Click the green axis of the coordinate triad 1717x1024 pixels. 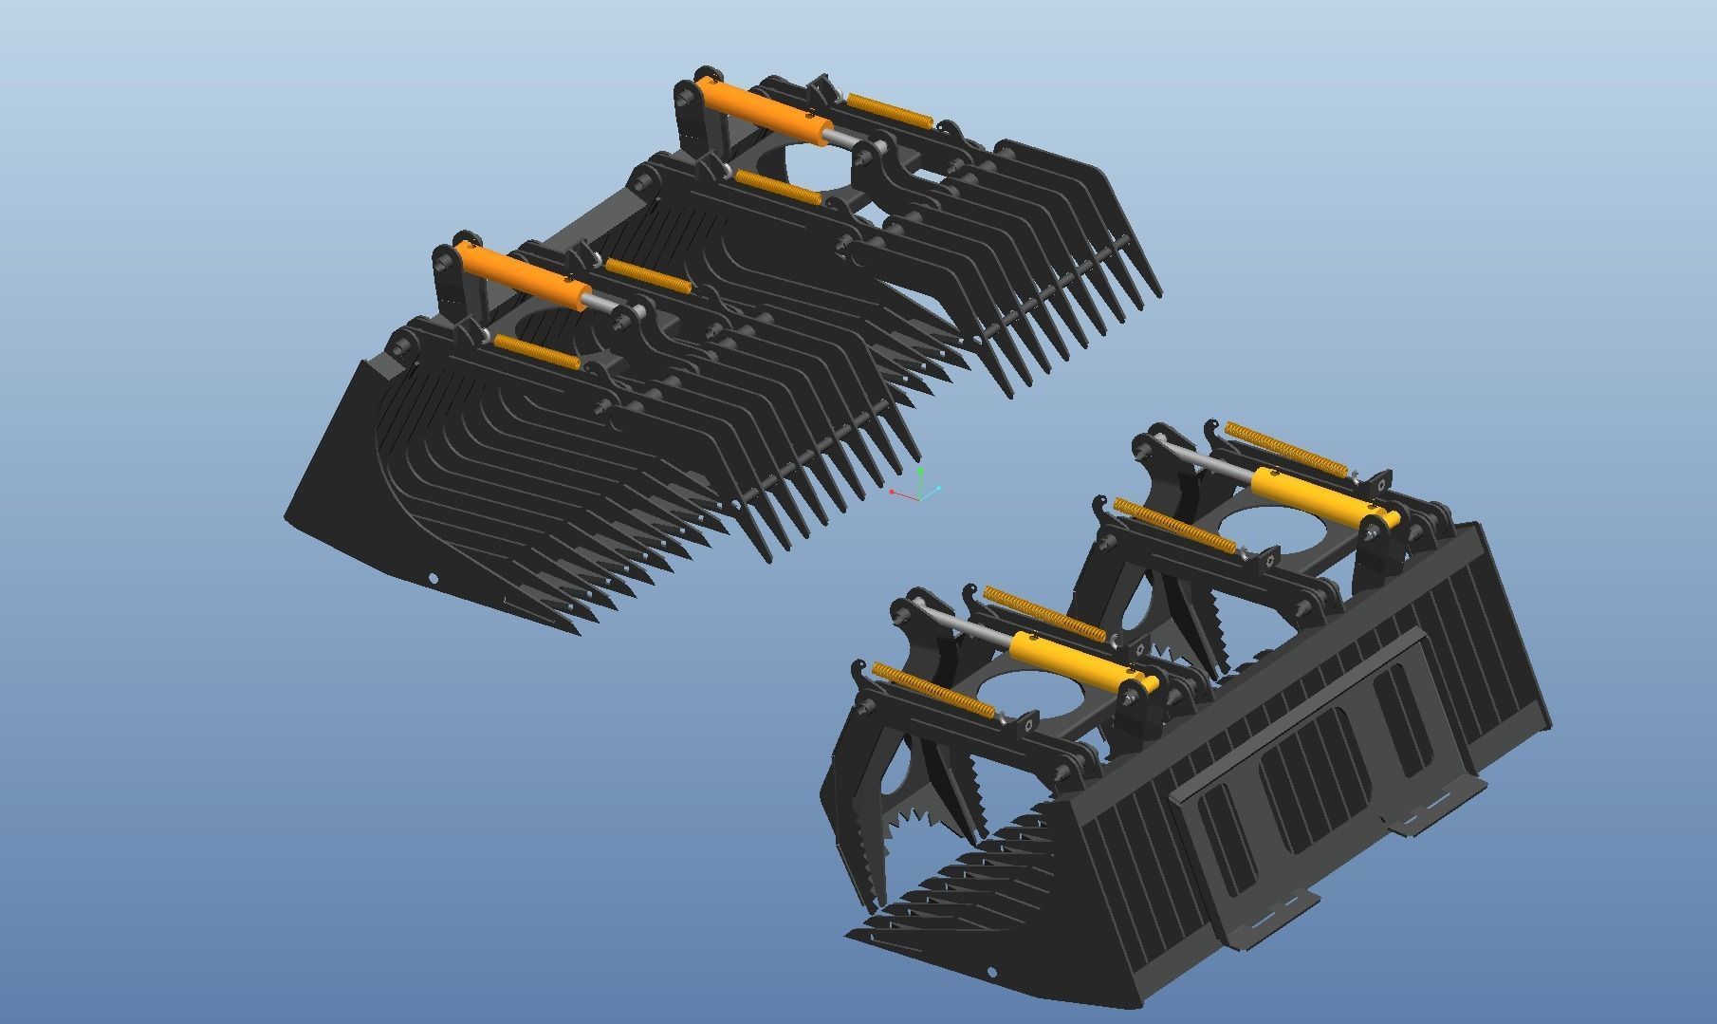[920, 481]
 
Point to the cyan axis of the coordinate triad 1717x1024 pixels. [931, 492]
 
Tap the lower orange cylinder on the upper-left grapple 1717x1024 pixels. [522, 274]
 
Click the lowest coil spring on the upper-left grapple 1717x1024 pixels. [537, 352]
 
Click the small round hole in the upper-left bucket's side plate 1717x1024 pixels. [434, 578]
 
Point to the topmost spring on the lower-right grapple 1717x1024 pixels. [1285, 447]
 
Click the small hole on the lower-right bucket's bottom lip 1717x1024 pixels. [992, 973]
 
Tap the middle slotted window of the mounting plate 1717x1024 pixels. [1314, 768]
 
